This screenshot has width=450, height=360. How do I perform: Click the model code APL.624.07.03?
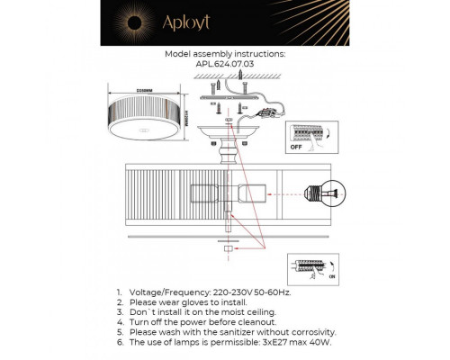click(x=225, y=65)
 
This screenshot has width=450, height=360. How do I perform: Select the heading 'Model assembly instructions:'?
click(x=225, y=54)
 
